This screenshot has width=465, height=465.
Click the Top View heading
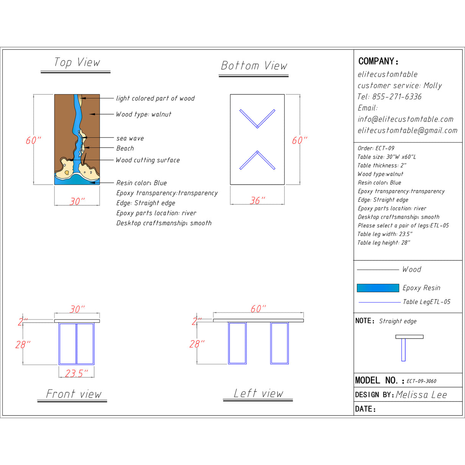77,62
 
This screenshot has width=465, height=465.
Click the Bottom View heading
254,66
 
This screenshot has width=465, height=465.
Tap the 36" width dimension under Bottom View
257,200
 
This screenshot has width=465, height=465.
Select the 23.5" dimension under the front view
76,373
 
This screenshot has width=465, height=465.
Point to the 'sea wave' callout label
130,138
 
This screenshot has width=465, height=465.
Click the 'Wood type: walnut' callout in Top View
144,114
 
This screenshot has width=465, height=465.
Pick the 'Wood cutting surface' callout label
148,160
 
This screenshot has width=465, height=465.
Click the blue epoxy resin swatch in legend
378,288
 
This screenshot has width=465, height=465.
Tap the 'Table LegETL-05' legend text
426,302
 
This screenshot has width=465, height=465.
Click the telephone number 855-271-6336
397,97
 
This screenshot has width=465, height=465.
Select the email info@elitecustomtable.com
406,119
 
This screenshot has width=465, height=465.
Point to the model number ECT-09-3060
421,381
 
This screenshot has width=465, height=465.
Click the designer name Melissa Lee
421,395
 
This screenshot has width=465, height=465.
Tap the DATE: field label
365,409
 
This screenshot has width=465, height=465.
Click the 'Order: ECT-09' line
376,148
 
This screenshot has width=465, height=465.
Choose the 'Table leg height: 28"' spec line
384,242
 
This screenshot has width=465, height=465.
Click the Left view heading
259,393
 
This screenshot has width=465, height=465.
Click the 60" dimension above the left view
258,309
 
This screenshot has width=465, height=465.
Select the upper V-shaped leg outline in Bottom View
257,118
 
